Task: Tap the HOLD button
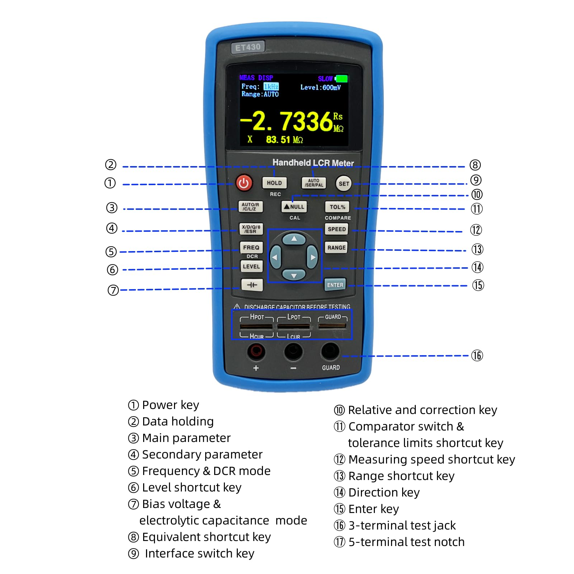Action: click(274, 183)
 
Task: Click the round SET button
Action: click(344, 184)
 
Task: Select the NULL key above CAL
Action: click(294, 207)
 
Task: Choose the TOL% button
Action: click(337, 207)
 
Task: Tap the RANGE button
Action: click(336, 248)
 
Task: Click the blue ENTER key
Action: click(335, 285)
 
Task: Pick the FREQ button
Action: click(251, 248)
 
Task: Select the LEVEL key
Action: click(251, 267)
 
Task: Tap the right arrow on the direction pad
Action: click(312, 257)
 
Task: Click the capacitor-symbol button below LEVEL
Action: click(252, 285)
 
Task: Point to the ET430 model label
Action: click(248, 47)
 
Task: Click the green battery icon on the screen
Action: click(341, 79)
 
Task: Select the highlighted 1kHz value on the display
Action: click(271, 86)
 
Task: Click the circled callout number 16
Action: click(477, 356)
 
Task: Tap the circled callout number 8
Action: click(475, 165)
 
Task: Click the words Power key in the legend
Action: click(170, 405)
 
